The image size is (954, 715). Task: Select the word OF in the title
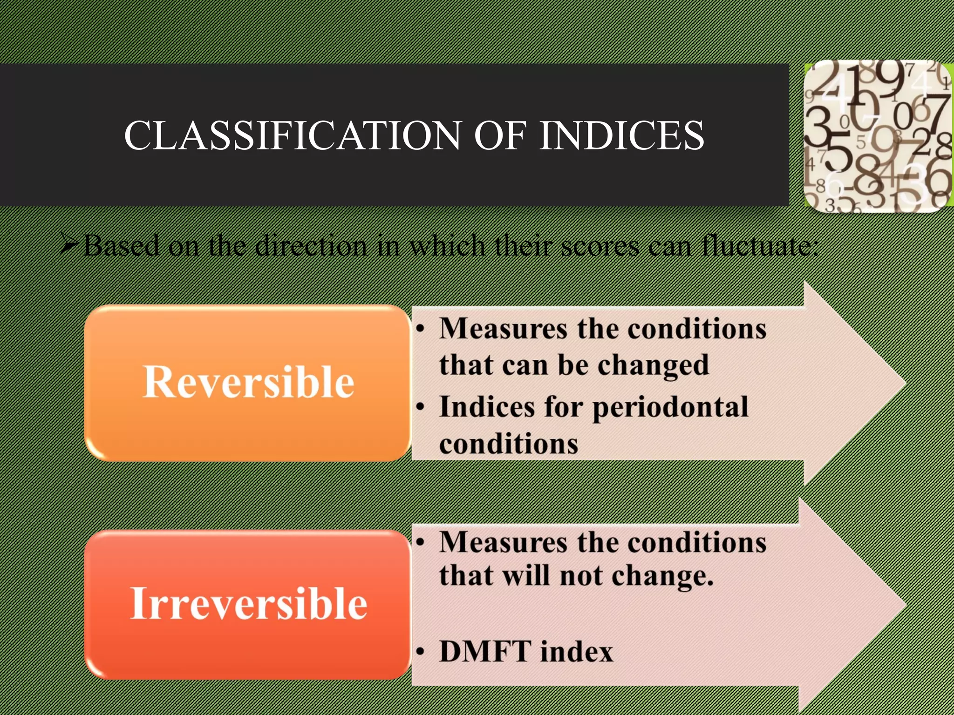click(500, 135)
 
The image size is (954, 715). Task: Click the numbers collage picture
click(878, 136)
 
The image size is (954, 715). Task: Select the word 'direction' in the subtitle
click(311, 245)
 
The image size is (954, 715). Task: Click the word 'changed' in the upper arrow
click(653, 365)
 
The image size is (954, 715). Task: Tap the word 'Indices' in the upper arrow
click(487, 407)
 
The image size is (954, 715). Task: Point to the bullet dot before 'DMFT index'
click(421, 652)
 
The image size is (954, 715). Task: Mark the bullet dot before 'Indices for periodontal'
click(421, 407)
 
